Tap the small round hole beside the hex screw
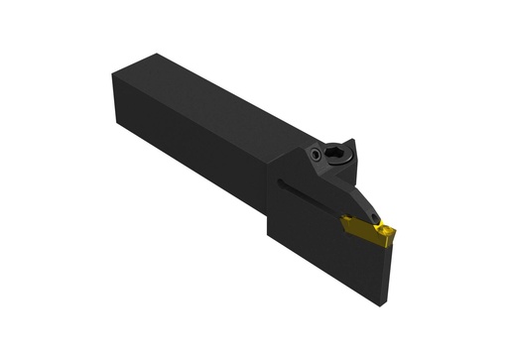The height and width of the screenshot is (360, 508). tap(315, 155)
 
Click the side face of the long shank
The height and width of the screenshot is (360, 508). tap(198, 149)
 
